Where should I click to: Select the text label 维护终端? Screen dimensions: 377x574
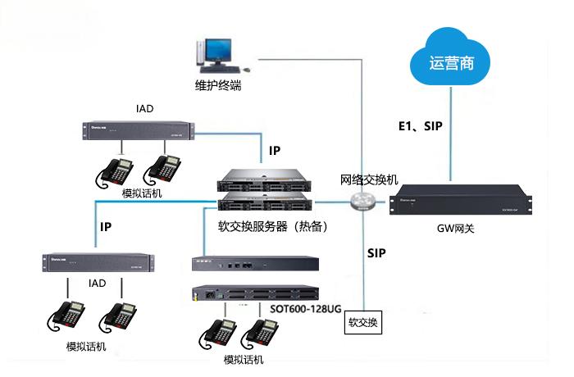(x=217, y=84)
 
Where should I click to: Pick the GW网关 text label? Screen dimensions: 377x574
(x=456, y=229)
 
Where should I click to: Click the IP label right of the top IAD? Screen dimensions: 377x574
(x=275, y=152)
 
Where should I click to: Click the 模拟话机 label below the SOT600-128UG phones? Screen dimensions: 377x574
(x=244, y=361)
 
